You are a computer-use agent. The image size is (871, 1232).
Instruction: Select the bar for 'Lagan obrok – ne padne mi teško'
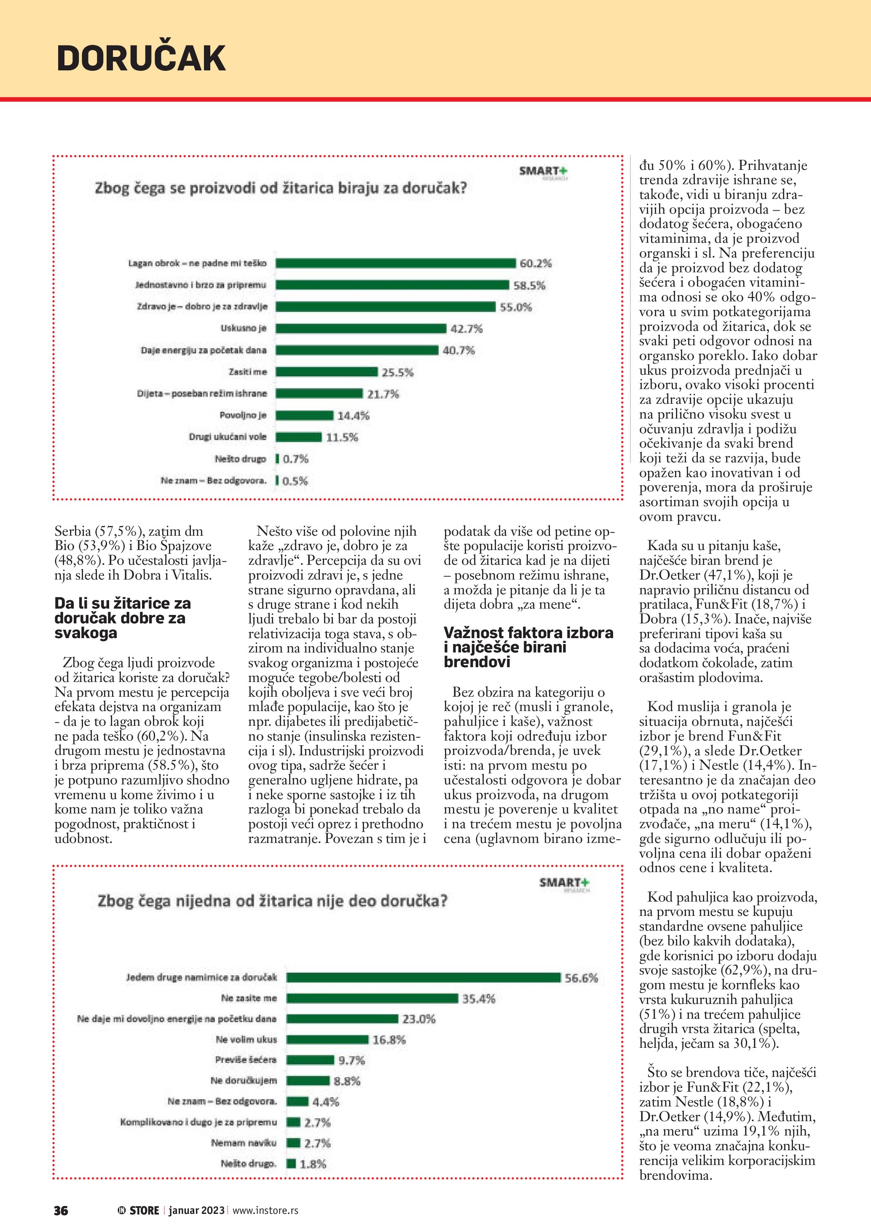[396, 263]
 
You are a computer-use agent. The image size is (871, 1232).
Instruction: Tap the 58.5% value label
[529, 285]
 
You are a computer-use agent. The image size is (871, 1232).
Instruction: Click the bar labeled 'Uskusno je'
[361, 328]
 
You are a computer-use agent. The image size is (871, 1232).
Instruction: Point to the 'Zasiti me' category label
[247, 372]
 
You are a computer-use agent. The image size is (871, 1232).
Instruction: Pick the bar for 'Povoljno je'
[305, 415]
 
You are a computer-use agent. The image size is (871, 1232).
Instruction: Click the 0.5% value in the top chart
[295, 481]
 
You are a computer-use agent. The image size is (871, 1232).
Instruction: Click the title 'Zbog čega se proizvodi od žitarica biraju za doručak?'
[281, 188]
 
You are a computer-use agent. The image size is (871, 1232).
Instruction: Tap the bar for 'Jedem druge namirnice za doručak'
[423, 978]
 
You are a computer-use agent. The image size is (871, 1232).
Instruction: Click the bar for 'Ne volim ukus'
[327, 1039]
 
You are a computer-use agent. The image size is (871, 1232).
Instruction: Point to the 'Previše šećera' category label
[246, 1060]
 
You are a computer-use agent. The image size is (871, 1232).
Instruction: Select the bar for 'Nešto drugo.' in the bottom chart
[291, 1163]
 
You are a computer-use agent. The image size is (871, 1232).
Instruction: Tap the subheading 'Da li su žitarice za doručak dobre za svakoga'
[122, 617]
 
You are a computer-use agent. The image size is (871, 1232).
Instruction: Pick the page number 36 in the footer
[61, 1211]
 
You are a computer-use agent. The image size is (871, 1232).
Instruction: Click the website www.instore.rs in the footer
[265, 1211]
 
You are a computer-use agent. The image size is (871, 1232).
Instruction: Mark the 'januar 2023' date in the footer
[196, 1211]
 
